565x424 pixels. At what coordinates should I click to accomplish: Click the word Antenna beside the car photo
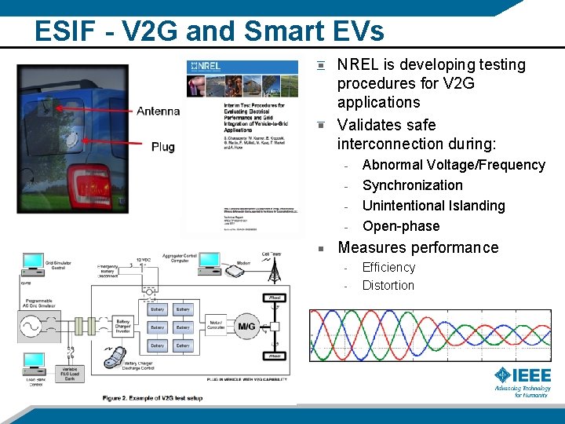click(x=158, y=111)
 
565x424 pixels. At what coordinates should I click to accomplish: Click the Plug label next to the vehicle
click(x=162, y=146)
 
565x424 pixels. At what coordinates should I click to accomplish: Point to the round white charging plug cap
click(x=72, y=141)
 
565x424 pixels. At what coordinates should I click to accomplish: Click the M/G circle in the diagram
click(x=246, y=326)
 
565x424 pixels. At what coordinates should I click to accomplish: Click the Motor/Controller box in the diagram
click(x=216, y=327)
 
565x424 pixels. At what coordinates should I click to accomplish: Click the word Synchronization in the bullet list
click(x=412, y=185)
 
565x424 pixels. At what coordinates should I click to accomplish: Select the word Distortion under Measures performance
click(x=388, y=286)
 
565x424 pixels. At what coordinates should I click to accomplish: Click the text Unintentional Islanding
click(x=433, y=206)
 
